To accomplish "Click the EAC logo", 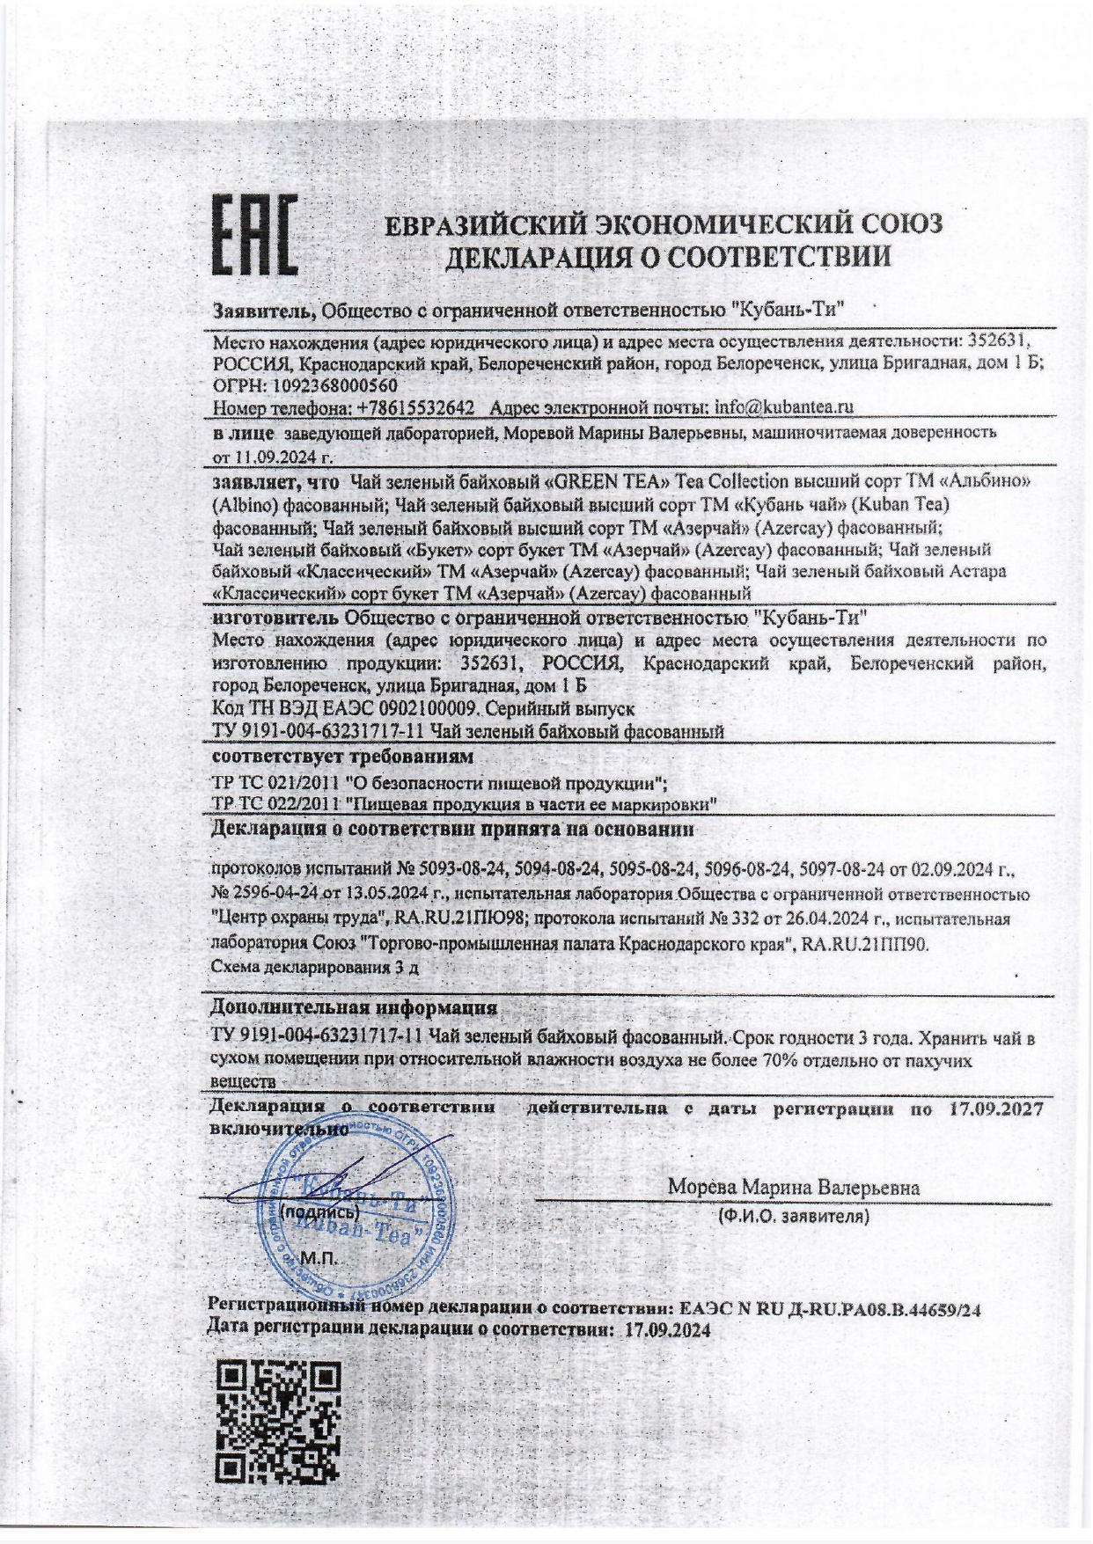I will (253, 235).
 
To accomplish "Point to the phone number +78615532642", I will (414, 407).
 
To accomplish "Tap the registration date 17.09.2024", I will (666, 1330).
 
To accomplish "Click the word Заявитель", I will (263, 309).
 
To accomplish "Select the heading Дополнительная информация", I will (353, 1007).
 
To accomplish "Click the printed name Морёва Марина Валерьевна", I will (793, 1187).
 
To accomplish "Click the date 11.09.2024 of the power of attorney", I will (274, 457).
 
